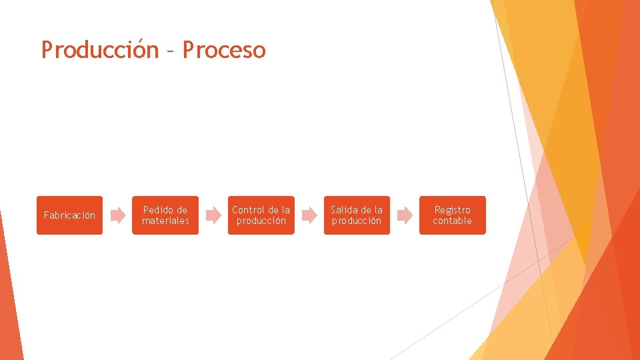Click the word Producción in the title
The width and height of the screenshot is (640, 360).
(x=99, y=50)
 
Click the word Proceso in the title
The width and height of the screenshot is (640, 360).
(x=224, y=50)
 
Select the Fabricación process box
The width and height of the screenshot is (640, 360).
(x=69, y=215)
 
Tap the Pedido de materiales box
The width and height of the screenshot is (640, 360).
(x=165, y=215)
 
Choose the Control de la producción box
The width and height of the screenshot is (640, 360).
(x=261, y=215)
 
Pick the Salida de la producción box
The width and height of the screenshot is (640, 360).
(x=357, y=215)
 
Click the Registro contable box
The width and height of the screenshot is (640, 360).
(x=452, y=215)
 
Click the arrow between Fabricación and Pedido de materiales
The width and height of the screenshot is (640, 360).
(x=117, y=215)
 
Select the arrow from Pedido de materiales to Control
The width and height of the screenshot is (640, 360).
(x=213, y=215)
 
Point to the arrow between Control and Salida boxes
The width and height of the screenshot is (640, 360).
(x=309, y=215)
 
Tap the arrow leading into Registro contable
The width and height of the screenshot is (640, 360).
(x=405, y=215)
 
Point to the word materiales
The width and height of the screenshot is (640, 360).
(x=165, y=221)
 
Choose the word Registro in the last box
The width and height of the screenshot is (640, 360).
(x=452, y=210)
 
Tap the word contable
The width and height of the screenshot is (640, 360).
(x=452, y=221)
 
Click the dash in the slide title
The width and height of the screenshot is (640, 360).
(x=170, y=51)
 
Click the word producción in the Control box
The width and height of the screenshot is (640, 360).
(x=261, y=221)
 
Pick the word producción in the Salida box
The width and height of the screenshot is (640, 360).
(x=357, y=221)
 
